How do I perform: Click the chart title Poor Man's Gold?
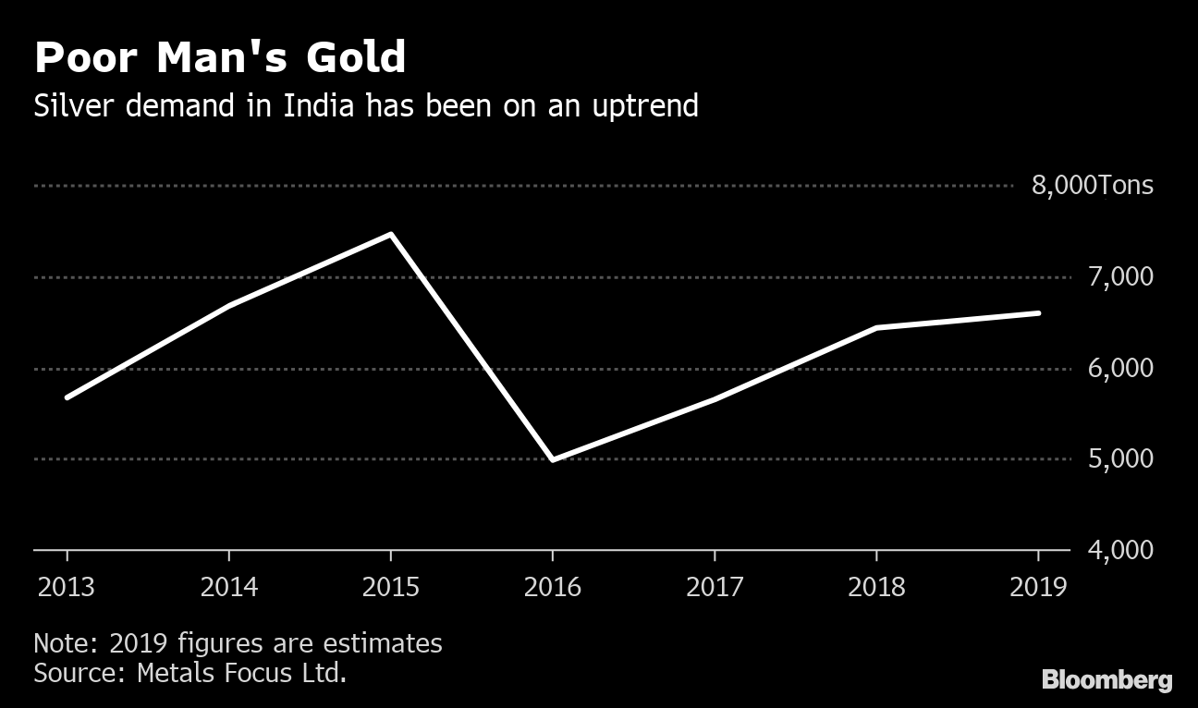(x=220, y=58)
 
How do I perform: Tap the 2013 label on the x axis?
(x=67, y=587)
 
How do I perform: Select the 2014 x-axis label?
(x=228, y=587)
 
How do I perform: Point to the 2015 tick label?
(x=390, y=587)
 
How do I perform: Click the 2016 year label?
(x=552, y=587)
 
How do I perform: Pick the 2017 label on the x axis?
(x=714, y=587)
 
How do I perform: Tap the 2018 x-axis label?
(x=876, y=587)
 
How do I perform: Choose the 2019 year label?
(x=1037, y=587)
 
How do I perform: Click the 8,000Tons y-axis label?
(x=1093, y=186)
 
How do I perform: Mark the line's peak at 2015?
(x=391, y=235)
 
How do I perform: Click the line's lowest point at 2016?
(x=553, y=459)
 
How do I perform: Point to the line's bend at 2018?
(x=876, y=328)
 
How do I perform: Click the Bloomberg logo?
(x=1106, y=681)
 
